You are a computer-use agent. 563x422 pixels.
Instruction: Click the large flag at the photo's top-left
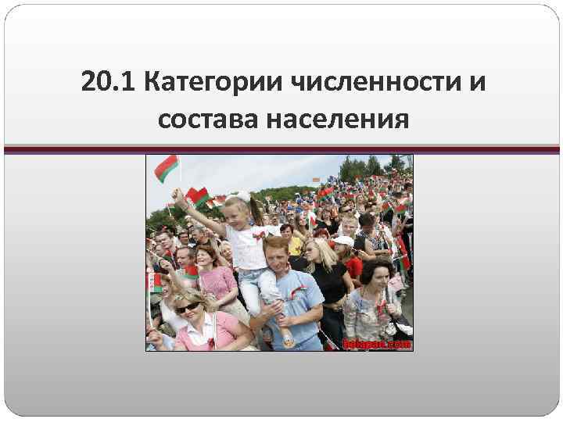click(x=166, y=166)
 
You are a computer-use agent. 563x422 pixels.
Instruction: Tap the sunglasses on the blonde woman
click(x=188, y=308)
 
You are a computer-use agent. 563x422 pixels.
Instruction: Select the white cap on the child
click(x=342, y=241)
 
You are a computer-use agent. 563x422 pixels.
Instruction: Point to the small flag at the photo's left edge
click(x=154, y=283)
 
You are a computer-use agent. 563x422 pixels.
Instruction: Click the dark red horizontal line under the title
click(x=281, y=147)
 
